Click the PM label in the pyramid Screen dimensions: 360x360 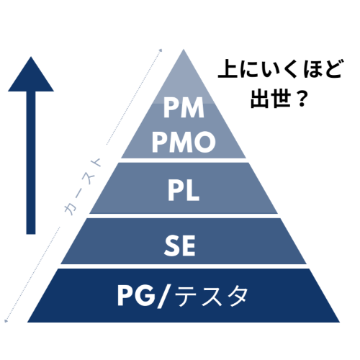184,108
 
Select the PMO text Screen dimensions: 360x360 184,142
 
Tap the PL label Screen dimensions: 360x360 184,190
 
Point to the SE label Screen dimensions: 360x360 180,246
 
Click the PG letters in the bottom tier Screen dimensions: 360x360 136,296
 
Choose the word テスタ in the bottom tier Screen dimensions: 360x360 211,296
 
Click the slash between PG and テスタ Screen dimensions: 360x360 165,297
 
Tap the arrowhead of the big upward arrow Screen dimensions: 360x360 31,74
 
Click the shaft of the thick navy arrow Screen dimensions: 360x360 31,163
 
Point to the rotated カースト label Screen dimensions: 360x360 83,186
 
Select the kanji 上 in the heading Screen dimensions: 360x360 228,68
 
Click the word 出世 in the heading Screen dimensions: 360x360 269,98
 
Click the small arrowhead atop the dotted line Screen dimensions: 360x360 161,50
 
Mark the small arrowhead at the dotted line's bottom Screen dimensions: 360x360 6,320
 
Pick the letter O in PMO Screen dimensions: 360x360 205,142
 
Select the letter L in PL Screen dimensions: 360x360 193,190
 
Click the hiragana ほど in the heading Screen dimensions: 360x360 323,68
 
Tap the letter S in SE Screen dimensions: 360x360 171,246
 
